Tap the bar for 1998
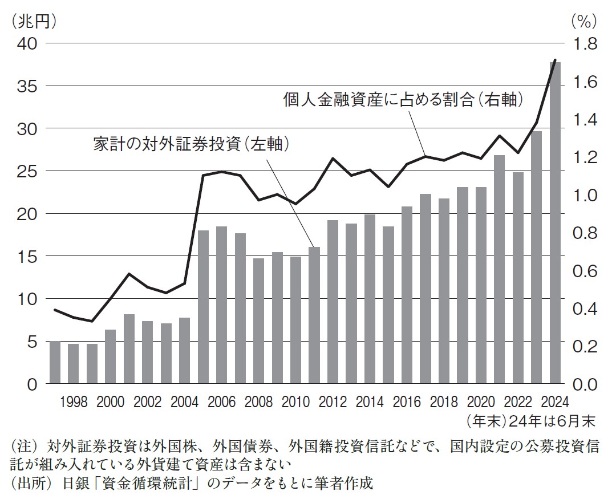pyautogui.click(x=73, y=363)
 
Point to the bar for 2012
pyautogui.click(x=333, y=302)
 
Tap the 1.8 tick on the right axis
pyautogui.click(x=582, y=44)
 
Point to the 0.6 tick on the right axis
pyautogui.click(x=582, y=271)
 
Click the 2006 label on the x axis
pyautogui.click(x=221, y=401)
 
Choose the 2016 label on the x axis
pyautogui.click(x=407, y=401)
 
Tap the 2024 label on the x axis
pyautogui.click(x=555, y=401)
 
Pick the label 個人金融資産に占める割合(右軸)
pyautogui.click(x=403, y=100)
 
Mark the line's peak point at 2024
pyautogui.click(x=555, y=59)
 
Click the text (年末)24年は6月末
pyautogui.click(x=530, y=421)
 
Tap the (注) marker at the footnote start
pyautogui.click(x=22, y=445)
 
